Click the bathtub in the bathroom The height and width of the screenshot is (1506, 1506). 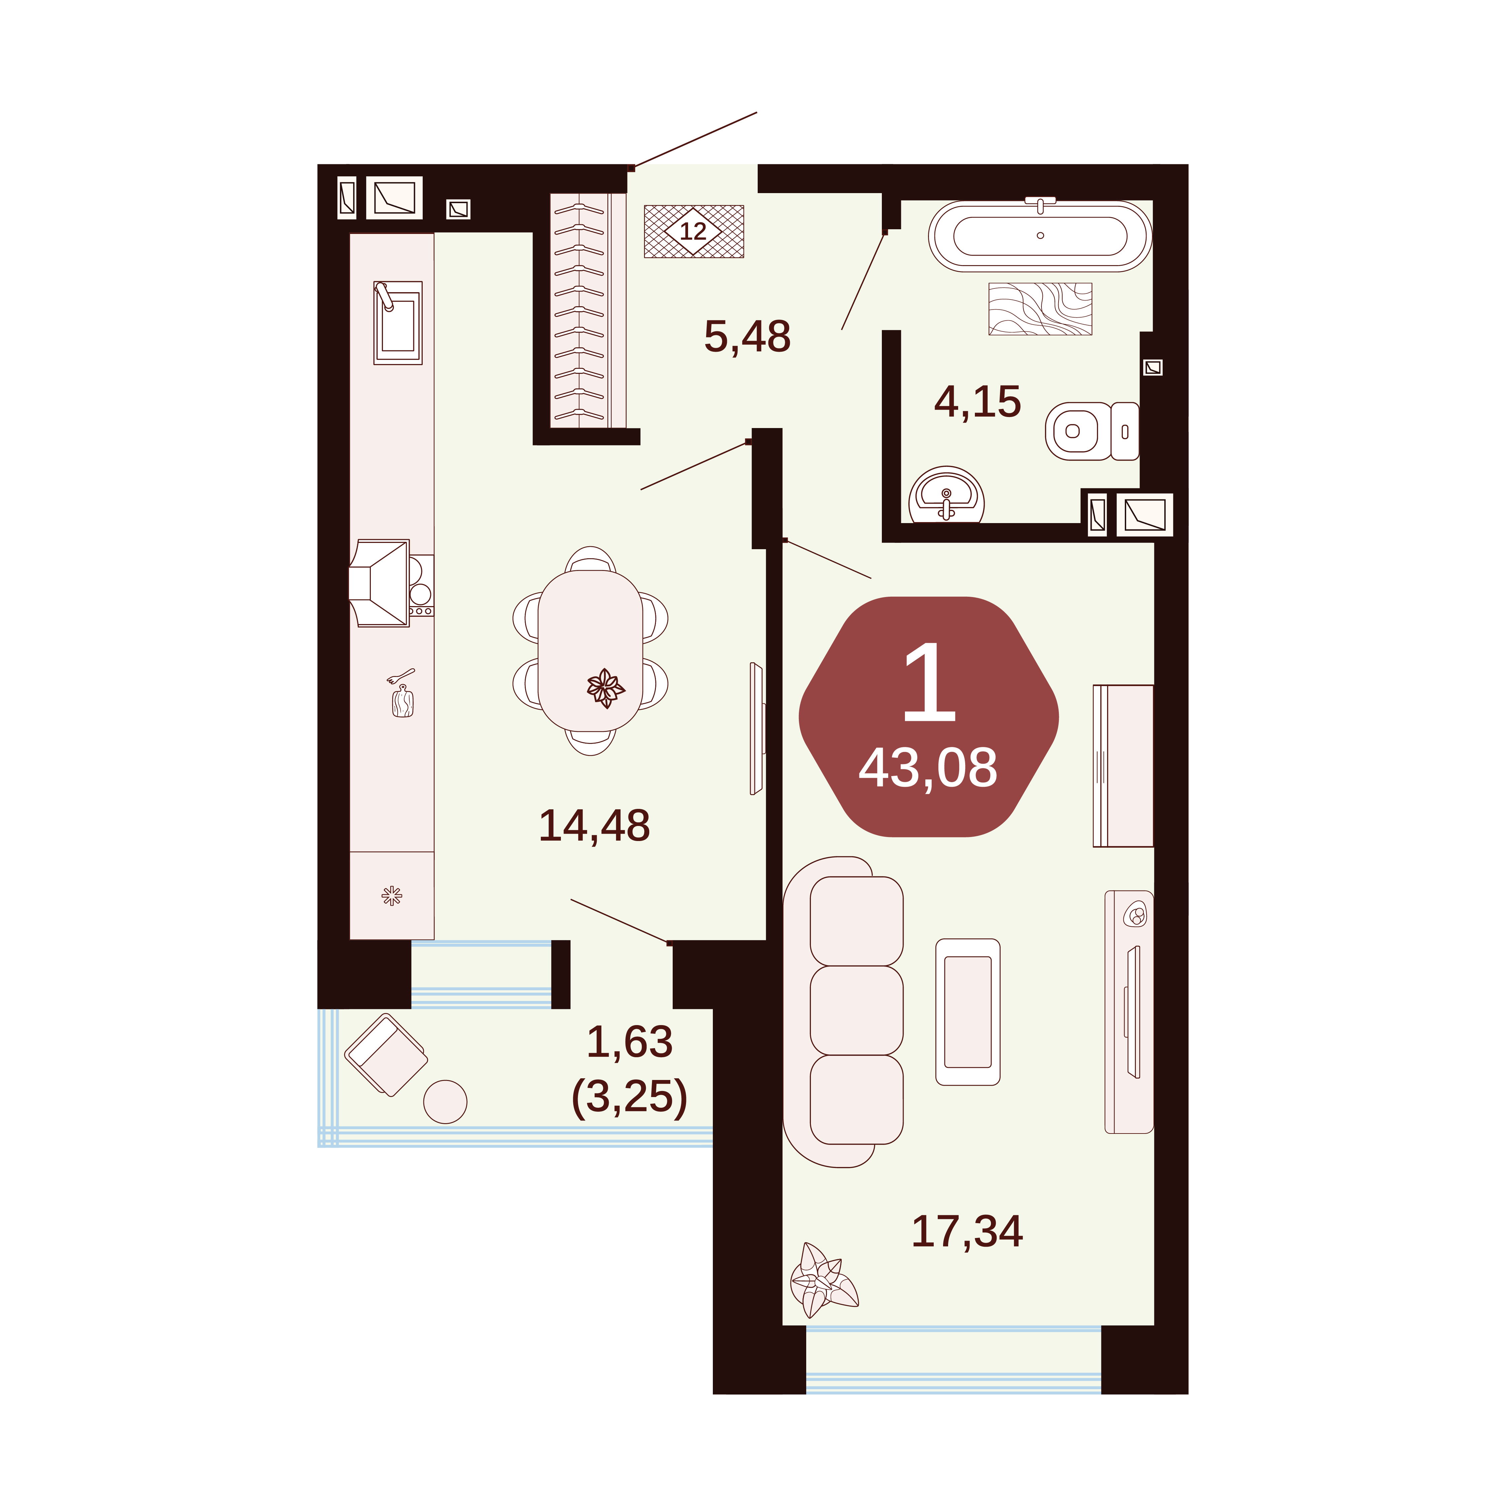(x=1040, y=235)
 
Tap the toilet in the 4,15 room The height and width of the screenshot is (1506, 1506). (x=1091, y=431)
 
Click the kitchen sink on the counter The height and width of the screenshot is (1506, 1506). (x=398, y=323)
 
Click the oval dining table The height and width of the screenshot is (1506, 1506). (x=590, y=651)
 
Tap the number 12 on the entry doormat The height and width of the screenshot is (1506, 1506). (x=693, y=232)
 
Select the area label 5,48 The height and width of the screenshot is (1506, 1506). (x=747, y=337)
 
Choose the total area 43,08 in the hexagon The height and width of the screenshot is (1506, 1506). (x=928, y=768)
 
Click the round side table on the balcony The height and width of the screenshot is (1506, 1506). (x=445, y=1101)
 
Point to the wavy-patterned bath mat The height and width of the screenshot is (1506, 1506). (x=1040, y=309)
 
